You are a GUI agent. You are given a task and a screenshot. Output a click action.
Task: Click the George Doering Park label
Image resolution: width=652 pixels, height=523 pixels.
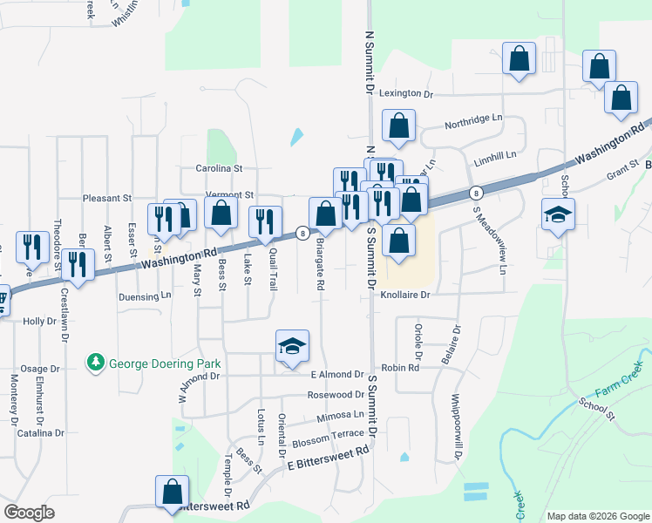click(x=164, y=363)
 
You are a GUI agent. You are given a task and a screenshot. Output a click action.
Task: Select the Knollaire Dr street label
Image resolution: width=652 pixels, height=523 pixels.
click(x=405, y=295)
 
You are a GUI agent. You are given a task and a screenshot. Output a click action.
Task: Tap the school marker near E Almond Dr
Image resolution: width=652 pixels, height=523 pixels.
click(x=293, y=346)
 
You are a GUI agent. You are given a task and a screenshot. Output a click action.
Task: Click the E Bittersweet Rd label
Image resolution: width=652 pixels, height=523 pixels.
click(x=329, y=459)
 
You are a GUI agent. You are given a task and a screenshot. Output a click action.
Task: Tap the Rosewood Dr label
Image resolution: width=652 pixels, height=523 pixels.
click(x=336, y=395)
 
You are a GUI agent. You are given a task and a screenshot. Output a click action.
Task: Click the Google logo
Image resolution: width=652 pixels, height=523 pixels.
click(x=30, y=513)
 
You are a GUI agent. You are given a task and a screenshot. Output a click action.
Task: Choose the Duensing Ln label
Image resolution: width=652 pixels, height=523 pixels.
click(x=145, y=296)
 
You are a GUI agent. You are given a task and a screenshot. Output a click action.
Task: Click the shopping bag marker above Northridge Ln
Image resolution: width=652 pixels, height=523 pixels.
click(x=399, y=126)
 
